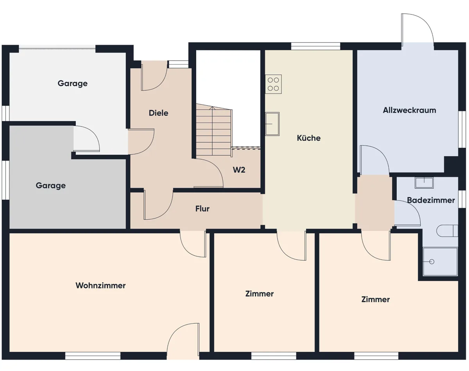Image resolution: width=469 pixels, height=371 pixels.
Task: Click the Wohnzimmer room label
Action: click(x=100, y=285)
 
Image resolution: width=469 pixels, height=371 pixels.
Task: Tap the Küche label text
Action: click(x=309, y=138)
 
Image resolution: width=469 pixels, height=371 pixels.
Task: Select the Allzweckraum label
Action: click(x=410, y=110)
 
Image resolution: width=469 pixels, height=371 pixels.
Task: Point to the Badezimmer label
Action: click(x=431, y=200)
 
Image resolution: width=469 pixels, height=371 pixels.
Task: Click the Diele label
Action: click(x=158, y=113)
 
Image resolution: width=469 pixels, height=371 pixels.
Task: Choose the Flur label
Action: click(x=202, y=209)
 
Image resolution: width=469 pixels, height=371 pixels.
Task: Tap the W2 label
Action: click(x=239, y=170)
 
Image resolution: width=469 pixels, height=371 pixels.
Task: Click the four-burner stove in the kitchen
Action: click(x=273, y=84)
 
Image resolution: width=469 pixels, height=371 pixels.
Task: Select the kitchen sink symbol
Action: click(x=272, y=124)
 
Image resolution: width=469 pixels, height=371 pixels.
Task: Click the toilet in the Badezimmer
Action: click(x=447, y=231)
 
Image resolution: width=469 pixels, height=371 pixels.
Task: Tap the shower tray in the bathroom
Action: click(x=440, y=262)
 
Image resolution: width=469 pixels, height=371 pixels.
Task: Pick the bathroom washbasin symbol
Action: click(x=424, y=183)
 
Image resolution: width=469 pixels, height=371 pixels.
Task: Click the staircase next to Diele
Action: click(x=213, y=130)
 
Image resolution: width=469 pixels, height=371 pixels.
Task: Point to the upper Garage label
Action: click(x=73, y=84)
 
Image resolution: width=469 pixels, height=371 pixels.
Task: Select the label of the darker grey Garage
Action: click(x=51, y=186)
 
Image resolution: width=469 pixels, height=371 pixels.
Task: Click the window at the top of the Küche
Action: click(x=315, y=46)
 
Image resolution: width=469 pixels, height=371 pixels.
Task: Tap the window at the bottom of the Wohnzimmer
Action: click(x=93, y=356)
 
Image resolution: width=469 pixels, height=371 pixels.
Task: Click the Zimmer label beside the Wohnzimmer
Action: click(x=260, y=294)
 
